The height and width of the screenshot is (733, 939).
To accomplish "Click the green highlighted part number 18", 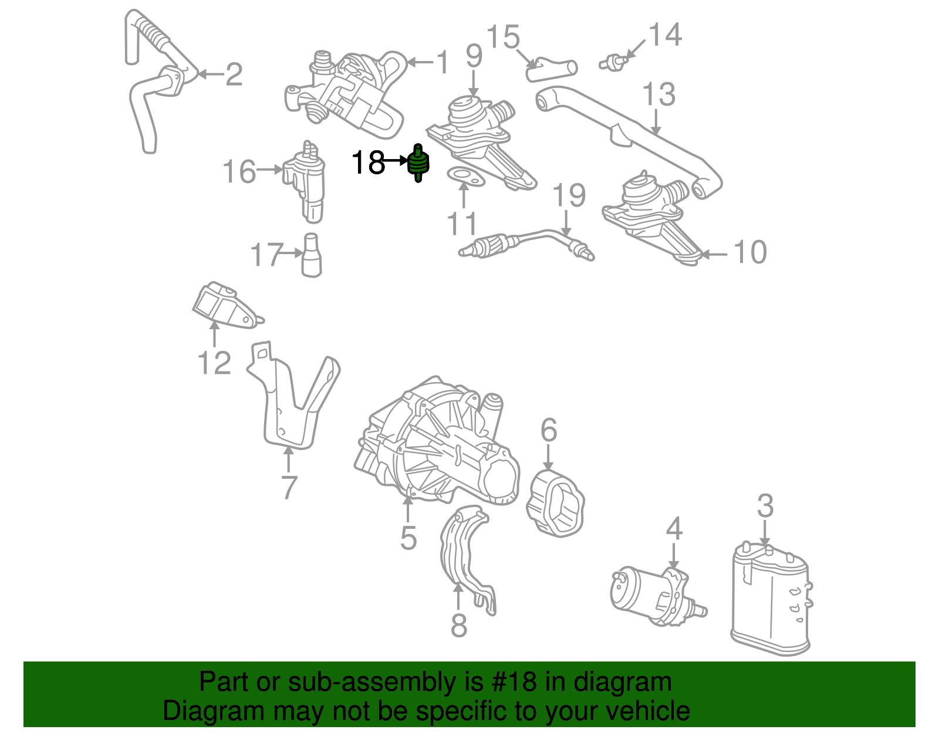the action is [418, 163].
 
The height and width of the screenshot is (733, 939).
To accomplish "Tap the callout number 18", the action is [368, 163].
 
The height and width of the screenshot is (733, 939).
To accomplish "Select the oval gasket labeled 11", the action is [465, 177].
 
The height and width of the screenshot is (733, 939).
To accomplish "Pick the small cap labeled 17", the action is [311, 255].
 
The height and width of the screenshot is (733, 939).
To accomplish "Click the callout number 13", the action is [658, 94].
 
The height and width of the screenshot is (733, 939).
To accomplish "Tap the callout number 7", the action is [289, 487].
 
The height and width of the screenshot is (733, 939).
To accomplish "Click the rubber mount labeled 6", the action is [555, 503].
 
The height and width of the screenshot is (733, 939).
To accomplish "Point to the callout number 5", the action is [408, 538].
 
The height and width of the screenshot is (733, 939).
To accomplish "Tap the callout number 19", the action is [569, 195].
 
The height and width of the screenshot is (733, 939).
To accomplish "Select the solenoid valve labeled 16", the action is [305, 181].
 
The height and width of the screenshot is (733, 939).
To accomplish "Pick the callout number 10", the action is [750, 252].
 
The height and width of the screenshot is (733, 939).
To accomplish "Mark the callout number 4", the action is [674, 529].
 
